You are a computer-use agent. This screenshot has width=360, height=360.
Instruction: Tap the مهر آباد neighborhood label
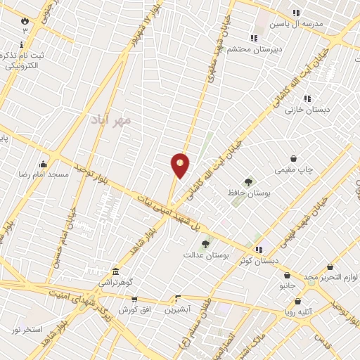coord(111,120)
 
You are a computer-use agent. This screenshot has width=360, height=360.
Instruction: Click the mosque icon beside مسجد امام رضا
coord(44,164)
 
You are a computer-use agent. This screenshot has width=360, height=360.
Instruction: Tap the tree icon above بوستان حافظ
coord(247,182)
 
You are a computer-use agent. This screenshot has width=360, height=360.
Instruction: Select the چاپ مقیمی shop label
coord(293,169)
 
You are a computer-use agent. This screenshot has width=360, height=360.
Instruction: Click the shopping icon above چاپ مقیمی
coord(293,158)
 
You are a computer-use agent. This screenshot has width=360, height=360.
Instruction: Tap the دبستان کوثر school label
coord(258,260)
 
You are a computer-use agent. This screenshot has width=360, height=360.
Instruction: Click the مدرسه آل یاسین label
coord(300,23)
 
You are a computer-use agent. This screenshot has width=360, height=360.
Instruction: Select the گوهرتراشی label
coord(115,282)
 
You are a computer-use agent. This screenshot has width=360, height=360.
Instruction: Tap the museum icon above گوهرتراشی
coord(115,271)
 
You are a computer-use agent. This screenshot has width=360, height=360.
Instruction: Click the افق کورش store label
coord(131,309)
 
